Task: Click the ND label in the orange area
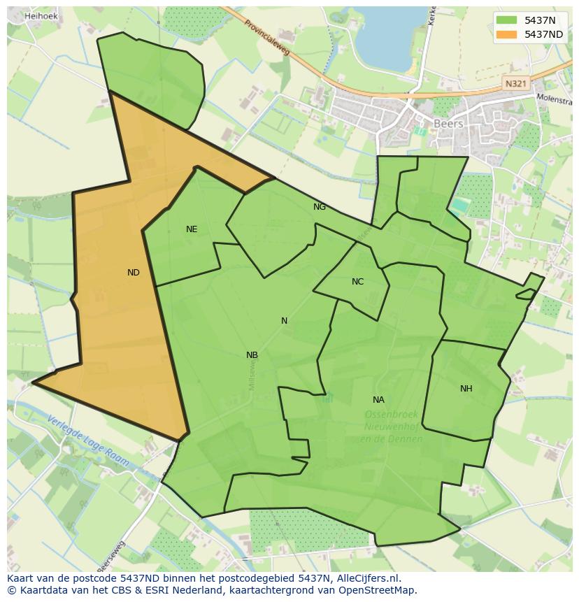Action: click(x=133, y=273)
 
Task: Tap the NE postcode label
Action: click(x=192, y=229)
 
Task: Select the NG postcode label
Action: click(x=320, y=207)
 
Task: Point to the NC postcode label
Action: click(x=357, y=282)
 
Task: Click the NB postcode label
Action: click(x=252, y=355)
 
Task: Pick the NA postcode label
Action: click(x=378, y=400)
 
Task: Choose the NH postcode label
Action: click(x=466, y=389)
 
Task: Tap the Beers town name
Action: click(x=448, y=124)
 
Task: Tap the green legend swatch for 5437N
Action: click(x=507, y=20)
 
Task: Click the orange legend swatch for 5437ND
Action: click(x=507, y=34)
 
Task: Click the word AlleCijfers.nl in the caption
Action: click(x=366, y=578)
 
